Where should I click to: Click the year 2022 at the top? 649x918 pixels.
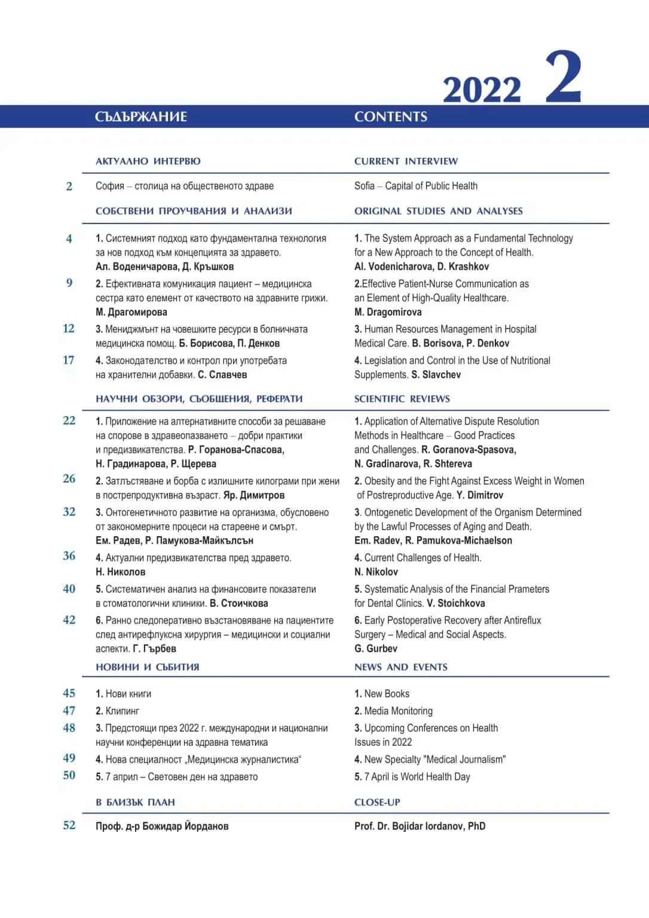482,90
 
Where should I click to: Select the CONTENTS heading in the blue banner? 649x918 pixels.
390,117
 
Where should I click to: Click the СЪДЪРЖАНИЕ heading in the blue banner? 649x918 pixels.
141,117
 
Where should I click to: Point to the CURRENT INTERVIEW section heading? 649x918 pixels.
406,161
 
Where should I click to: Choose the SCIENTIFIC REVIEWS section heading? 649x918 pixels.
402,399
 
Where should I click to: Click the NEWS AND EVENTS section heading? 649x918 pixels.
400,667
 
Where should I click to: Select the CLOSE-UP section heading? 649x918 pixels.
377,802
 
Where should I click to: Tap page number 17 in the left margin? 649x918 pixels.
69,360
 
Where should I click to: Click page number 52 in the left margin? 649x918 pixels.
69,825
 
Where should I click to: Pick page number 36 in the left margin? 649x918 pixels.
69,556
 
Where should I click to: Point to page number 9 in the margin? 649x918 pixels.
69,283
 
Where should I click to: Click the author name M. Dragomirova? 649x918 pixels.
388,312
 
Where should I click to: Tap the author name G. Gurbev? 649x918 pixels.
375,648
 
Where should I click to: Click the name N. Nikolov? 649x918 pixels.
376,572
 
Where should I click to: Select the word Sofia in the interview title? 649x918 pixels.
365,186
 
